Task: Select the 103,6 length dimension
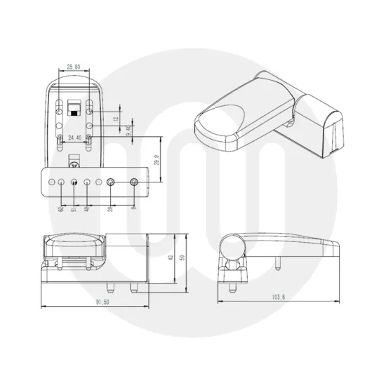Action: click(x=278, y=297)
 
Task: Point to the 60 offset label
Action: click(x=62, y=208)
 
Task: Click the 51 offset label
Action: click(x=74, y=208)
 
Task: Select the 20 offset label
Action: click(x=111, y=208)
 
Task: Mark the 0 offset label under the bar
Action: click(x=133, y=208)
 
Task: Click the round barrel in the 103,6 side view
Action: click(x=231, y=246)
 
